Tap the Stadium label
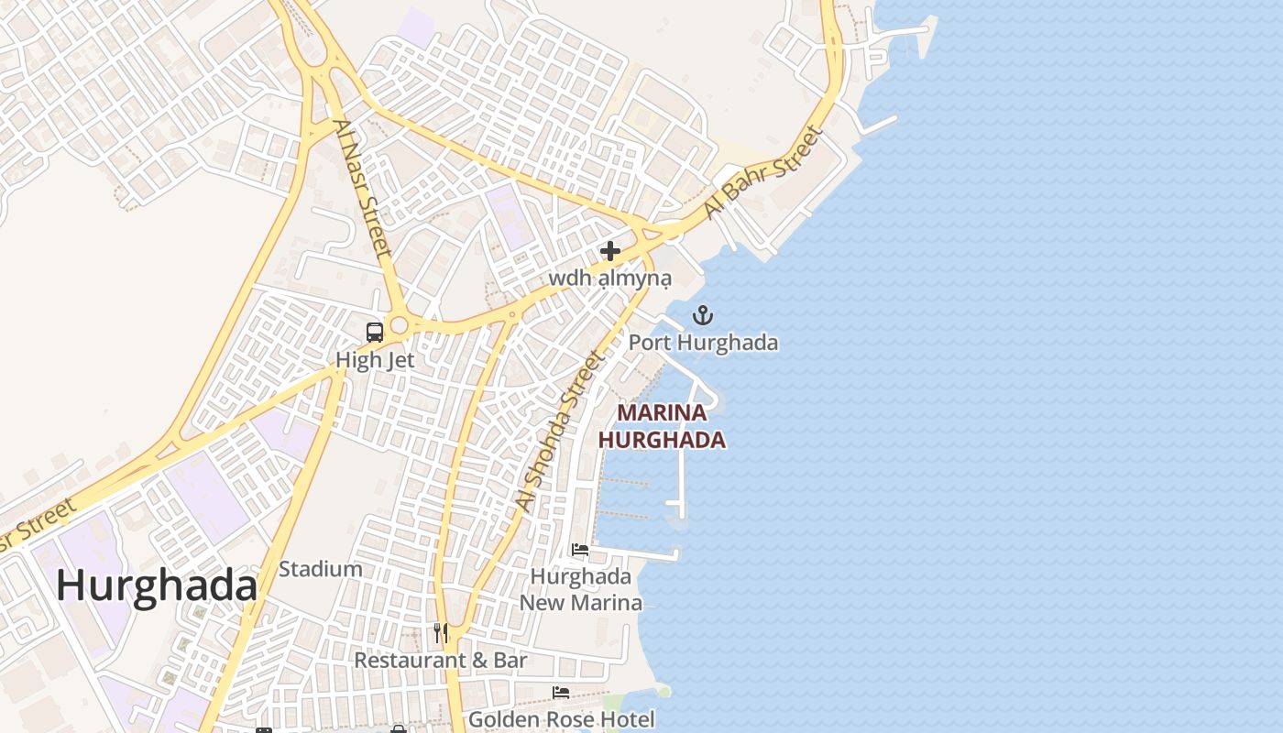pyautogui.click(x=320, y=569)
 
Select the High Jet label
pyautogui.click(x=375, y=360)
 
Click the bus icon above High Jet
pyautogui.click(x=375, y=333)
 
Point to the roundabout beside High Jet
pyautogui.click(x=399, y=325)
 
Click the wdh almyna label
pyautogui.click(x=609, y=278)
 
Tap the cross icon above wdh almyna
pyautogui.click(x=610, y=251)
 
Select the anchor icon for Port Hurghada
pyautogui.click(x=703, y=316)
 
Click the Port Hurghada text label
pyautogui.click(x=703, y=343)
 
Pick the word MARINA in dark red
pyautogui.click(x=662, y=413)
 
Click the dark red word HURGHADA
pyautogui.click(x=662, y=440)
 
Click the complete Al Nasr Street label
pyautogui.click(x=363, y=188)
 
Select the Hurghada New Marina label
pyautogui.click(x=581, y=589)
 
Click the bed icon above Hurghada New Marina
pyautogui.click(x=580, y=550)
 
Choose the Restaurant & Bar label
pyautogui.click(x=441, y=660)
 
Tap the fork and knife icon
pyautogui.click(x=441, y=632)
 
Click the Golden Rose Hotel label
pyautogui.click(x=561, y=719)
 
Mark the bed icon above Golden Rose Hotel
pyautogui.click(x=561, y=693)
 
